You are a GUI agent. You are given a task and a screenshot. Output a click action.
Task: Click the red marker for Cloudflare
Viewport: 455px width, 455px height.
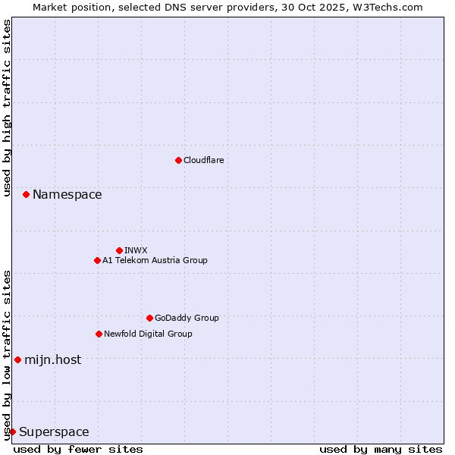(178, 160)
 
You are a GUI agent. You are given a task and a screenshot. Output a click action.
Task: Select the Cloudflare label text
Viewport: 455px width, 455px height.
(203, 161)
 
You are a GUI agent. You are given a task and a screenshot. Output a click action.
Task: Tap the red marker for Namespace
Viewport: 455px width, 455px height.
(26, 195)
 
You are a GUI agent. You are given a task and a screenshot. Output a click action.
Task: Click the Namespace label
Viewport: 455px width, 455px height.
(67, 195)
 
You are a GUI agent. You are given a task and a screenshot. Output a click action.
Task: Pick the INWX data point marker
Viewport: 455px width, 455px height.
(119, 250)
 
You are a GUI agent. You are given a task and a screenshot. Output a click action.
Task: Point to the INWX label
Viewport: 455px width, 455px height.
(136, 251)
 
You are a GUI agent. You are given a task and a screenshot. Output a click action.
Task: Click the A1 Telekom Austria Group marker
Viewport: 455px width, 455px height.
(97, 260)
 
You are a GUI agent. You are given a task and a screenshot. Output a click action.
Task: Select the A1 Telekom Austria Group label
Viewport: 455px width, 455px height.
(155, 261)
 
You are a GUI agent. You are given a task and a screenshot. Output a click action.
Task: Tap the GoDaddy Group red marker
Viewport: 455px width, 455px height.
(149, 318)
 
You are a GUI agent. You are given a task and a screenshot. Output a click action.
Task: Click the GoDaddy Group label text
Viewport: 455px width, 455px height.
(187, 318)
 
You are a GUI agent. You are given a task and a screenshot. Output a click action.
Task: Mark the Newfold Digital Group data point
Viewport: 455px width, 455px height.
(99, 334)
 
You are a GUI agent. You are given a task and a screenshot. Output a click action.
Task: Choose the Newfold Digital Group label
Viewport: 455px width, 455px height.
(148, 334)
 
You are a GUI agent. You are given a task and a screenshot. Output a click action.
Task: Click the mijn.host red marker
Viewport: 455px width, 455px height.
(17, 359)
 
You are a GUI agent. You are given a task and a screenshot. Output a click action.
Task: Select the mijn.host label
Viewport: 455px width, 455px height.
(52, 360)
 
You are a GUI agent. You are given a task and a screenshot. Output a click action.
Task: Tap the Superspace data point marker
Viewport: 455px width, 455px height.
(12, 431)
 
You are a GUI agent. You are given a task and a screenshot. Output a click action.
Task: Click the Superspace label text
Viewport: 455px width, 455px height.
(54, 432)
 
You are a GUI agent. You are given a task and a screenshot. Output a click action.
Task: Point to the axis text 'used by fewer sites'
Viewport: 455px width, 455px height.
(78, 449)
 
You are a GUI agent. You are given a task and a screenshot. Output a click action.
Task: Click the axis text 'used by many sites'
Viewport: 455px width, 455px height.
(381, 449)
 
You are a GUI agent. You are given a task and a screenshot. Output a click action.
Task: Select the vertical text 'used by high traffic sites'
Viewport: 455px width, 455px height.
(8, 108)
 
